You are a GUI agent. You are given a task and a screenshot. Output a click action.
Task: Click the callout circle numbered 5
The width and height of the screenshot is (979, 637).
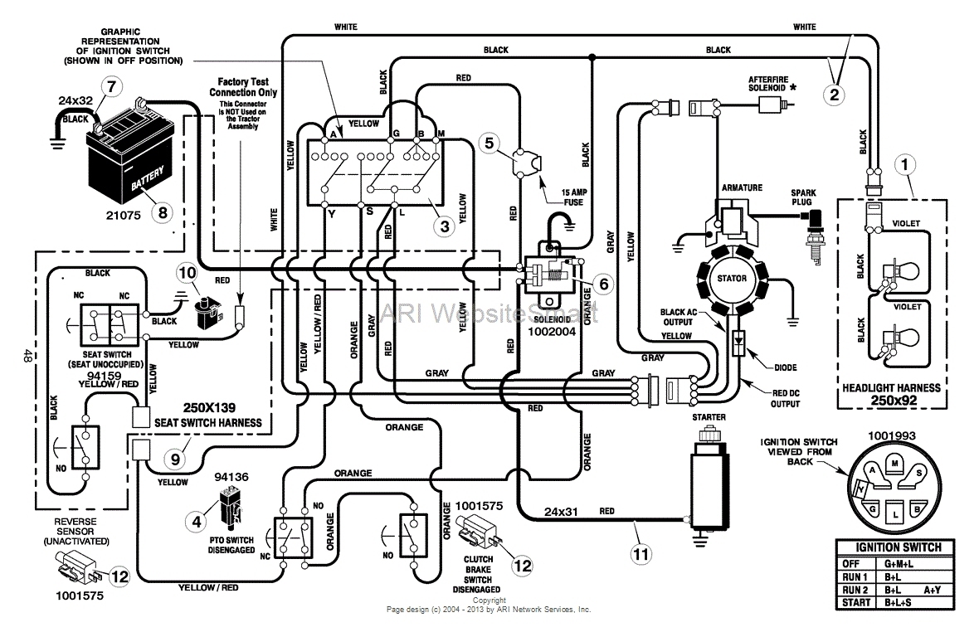coord(489,143)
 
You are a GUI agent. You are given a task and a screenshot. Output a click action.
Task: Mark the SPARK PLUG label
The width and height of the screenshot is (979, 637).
coord(802,197)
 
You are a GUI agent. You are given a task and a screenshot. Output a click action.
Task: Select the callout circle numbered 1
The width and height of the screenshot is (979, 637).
coord(907,163)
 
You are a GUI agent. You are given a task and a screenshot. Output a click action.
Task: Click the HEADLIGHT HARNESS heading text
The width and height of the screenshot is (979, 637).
coord(892,387)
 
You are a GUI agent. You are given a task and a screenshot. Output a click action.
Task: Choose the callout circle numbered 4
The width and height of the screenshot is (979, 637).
coord(197,522)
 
